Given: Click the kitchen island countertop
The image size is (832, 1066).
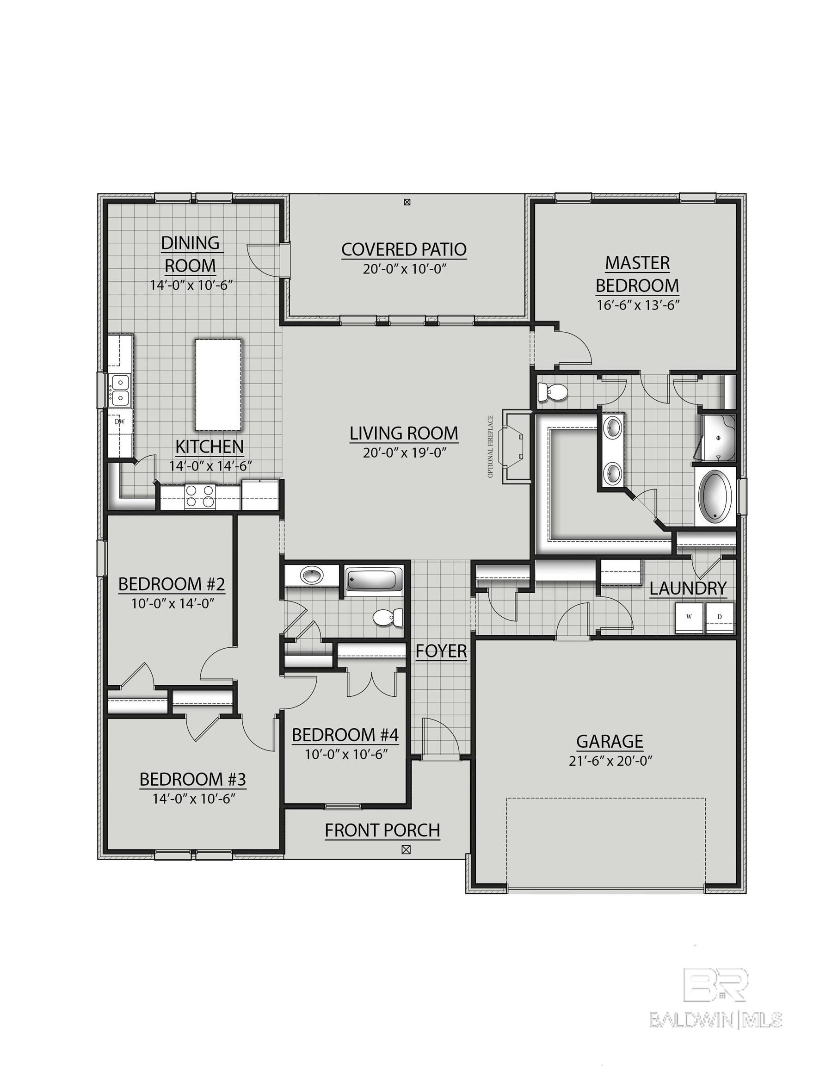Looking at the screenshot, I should coord(218,385).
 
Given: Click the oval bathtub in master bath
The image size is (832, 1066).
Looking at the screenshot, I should coord(716,497).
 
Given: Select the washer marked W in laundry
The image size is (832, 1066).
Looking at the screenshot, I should coord(689,618).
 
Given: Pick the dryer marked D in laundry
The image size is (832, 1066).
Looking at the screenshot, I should coord(720,618).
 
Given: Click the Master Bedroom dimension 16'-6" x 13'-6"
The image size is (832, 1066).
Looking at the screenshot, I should coord(638,305).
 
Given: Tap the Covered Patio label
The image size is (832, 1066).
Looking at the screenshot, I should coord(404,249).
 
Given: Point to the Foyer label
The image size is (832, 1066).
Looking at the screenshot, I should coord(441,651).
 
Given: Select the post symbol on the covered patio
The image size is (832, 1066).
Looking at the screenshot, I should coord(407,202).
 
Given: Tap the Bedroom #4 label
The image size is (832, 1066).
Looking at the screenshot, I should coord(345,735).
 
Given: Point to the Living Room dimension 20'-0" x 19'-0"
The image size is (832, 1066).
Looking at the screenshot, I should coord(405,452).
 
